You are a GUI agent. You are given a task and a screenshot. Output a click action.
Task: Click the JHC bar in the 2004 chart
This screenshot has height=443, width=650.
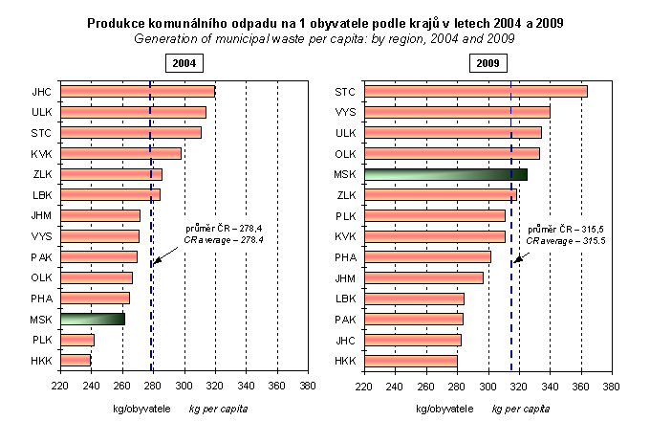[x=137, y=92]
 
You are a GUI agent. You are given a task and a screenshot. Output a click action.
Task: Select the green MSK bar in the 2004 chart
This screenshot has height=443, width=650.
[x=92, y=319]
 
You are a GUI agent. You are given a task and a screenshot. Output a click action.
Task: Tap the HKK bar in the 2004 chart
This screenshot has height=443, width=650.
[x=76, y=361]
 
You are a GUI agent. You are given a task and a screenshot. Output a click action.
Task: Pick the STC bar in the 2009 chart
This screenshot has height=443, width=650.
[x=475, y=92]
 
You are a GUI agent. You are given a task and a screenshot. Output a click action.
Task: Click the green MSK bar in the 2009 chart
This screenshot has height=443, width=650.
[x=445, y=174]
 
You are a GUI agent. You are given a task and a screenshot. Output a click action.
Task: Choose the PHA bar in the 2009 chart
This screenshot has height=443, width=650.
[x=427, y=256]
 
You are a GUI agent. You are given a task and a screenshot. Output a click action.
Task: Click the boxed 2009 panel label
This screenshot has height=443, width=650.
[x=487, y=64]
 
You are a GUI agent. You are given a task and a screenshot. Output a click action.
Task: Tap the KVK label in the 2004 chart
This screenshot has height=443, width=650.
[x=41, y=154]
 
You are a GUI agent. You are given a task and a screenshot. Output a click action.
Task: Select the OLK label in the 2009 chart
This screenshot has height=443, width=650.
[x=345, y=154]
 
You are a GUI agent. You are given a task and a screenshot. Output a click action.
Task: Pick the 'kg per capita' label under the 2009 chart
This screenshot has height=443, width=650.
[x=521, y=408]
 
